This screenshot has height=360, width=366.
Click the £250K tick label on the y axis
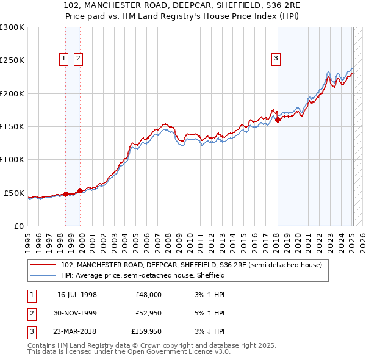pos(12,60)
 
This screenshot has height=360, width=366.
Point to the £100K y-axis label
pos(12,160)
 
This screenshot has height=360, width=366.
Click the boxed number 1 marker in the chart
pos(64,59)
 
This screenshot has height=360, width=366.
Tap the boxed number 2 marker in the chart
pos(79,59)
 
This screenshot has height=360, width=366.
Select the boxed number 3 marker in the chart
pos(276,59)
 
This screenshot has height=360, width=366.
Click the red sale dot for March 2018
pos(278,120)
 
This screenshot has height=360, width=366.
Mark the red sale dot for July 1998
pos(66,194)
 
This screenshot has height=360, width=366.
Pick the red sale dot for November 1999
pos(80,191)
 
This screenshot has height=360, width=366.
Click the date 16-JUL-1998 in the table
pos(77,294)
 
